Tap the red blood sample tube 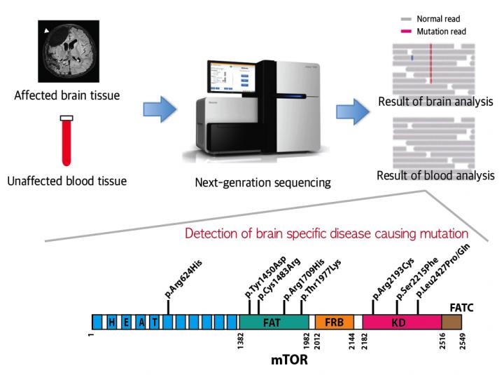[67, 139]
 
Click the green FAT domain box [274, 322]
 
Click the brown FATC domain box [451, 322]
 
